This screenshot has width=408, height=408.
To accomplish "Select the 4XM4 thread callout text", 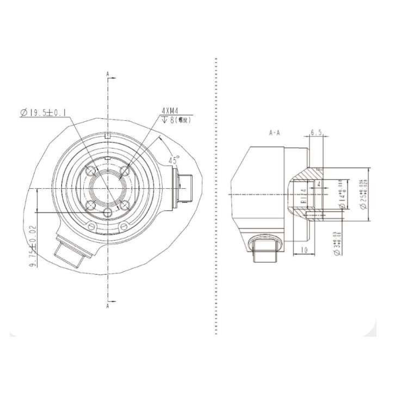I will coord(170,110).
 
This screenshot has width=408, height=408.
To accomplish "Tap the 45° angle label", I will coord(174,160).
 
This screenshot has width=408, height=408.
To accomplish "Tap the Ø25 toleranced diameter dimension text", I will coord(361,194).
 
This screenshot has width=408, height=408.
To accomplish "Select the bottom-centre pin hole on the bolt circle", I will coord(108,212).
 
